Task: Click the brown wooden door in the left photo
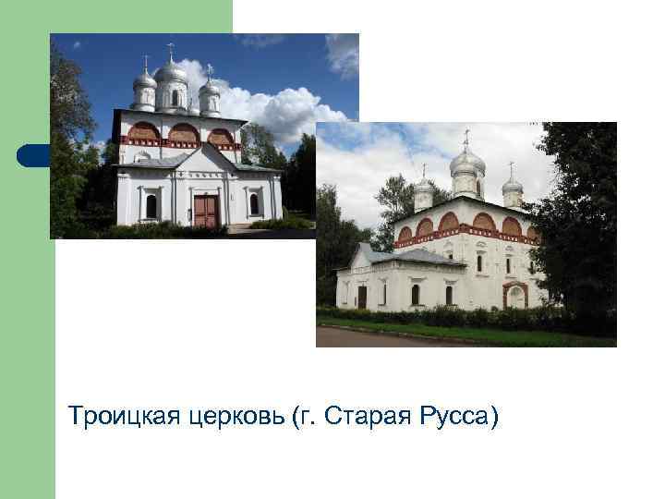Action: coord(205,209)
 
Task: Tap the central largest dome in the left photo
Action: coord(171,73)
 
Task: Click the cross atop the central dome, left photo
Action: coord(171,49)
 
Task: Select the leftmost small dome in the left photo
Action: coord(145,83)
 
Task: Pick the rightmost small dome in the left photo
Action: coord(212,89)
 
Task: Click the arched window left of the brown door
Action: coord(151,205)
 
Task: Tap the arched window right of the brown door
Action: coord(254,204)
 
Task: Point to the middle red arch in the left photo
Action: coord(183,134)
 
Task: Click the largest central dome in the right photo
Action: coord(467,164)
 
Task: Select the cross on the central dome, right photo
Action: coord(467,136)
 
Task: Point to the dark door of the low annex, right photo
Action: coord(362,297)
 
